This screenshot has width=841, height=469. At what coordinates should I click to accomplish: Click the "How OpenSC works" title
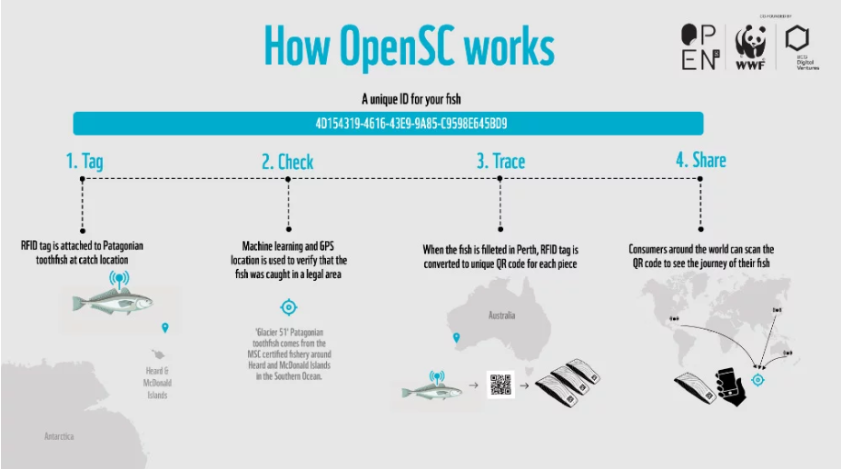[409, 45]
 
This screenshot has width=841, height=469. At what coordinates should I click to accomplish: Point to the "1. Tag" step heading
[84, 162]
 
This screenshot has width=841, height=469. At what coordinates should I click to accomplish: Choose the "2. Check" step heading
[287, 162]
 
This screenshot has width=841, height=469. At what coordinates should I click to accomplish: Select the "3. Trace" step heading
[500, 161]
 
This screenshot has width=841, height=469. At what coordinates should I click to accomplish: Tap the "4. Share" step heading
[700, 160]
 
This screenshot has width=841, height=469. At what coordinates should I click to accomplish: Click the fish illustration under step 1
[114, 303]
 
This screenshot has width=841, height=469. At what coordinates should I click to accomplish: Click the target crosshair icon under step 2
[289, 307]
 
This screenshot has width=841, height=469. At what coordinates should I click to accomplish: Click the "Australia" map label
[501, 315]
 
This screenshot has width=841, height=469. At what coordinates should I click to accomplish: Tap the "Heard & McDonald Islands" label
[157, 383]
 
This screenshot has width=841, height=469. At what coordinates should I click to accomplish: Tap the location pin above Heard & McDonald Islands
[164, 327]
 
